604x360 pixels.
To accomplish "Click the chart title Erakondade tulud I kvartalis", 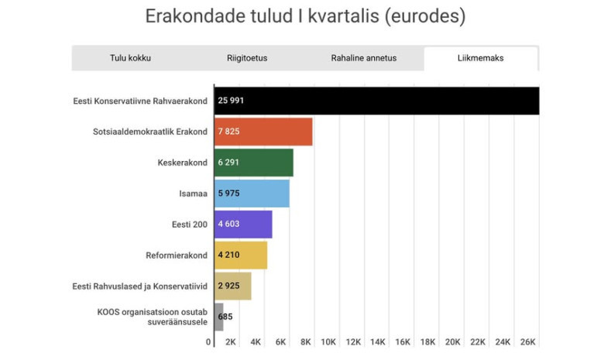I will [x=305, y=16].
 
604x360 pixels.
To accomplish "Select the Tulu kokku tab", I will [x=130, y=58].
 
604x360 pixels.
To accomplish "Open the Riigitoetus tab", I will [x=247, y=58].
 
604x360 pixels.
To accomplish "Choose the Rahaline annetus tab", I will [x=363, y=58].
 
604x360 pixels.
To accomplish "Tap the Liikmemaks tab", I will [x=480, y=58].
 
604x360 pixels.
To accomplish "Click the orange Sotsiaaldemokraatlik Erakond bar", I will [x=263, y=132].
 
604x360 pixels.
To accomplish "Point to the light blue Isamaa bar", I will [x=251, y=194].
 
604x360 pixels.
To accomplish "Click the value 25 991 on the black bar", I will [x=232, y=101].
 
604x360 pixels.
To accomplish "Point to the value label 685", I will [x=225, y=317].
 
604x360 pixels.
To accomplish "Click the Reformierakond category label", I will [x=176, y=255].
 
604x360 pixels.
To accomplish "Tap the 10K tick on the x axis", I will [x=328, y=342].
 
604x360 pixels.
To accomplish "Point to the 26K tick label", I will [x=527, y=342].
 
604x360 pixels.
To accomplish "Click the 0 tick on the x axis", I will [x=208, y=342].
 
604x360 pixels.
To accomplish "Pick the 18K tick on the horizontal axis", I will [x=428, y=342].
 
